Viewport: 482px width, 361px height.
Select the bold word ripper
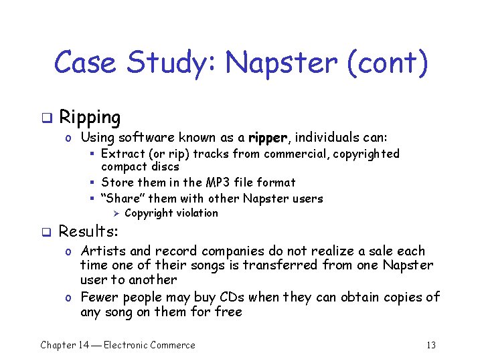pyautogui.click(x=268, y=138)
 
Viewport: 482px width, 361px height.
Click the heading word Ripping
pyautogui.click(x=90, y=118)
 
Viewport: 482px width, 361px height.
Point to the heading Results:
pyautogui.click(x=88, y=231)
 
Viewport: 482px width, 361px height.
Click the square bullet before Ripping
pyautogui.click(x=46, y=119)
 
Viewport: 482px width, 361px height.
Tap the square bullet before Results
pyautogui.click(x=46, y=233)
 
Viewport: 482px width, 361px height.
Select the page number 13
pyautogui.click(x=430, y=345)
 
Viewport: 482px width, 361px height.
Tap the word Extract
pyautogui.click(x=123, y=154)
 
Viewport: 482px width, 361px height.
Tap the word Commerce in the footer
pyautogui.click(x=172, y=345)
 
